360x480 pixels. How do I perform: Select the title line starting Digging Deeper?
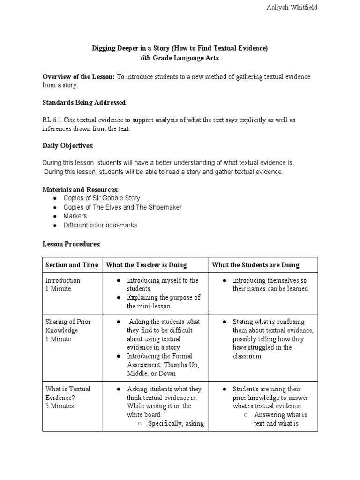(x=180, y=48)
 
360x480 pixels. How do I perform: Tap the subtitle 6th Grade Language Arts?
(x=180, y=58)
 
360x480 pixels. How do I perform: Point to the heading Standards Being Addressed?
(x=85, y=102)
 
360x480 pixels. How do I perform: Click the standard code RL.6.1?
(x=52, y=120)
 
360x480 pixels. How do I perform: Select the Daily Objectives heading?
(x=68, y=146)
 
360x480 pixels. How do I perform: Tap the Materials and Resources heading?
(x=80, y=189)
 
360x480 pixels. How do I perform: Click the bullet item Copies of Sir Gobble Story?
(x=101, y=198)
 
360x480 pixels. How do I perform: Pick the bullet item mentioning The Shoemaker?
(x=122, y=207)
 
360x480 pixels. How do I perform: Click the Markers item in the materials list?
(x=75, y=216)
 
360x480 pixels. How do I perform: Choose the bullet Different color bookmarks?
(x=100, y=225)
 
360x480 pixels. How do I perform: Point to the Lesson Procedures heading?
(x=71, y=244)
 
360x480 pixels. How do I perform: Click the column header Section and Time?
(x=72, y=265)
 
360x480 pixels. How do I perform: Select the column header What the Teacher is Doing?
(x=146, y=265)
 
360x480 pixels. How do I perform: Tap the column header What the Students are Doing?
(x=255, y=265)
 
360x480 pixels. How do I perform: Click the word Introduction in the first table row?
(x=63, y=280)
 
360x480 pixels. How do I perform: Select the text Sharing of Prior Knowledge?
(x=68, y=326)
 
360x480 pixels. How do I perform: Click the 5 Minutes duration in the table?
(x=60, y=406)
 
